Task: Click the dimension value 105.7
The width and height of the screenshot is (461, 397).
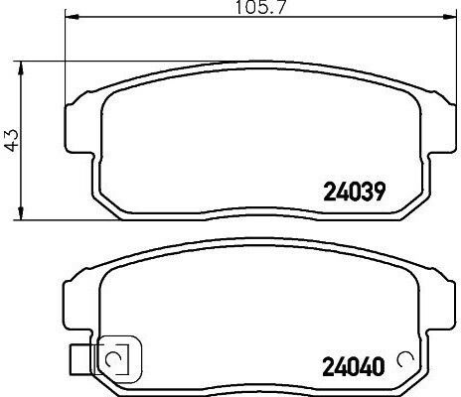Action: pyautogui.click(x=260, y=7)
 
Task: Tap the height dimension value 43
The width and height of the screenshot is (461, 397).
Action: pyautogui.click(x=12, y=140)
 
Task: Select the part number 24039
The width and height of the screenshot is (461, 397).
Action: pyautogui.click(x=355, y=192)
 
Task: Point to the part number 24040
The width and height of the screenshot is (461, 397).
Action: pyautogui.click(x=354, y=367)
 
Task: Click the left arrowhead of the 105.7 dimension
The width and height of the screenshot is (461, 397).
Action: pyautogui.click(x=72, y=16)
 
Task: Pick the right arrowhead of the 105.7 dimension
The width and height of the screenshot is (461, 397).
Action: pyautogui.click(x=448, y=16)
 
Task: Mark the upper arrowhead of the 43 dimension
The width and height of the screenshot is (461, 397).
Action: pyautogui.click(x=21, y=68)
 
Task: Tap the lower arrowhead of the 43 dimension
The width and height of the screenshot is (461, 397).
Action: pyautogui.click(x=21, y=212)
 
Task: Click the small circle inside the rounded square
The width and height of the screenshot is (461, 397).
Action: pyautogui.click(x=113, y=360)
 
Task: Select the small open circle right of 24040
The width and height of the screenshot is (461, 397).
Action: pyautogui.click(x=405, y=359)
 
